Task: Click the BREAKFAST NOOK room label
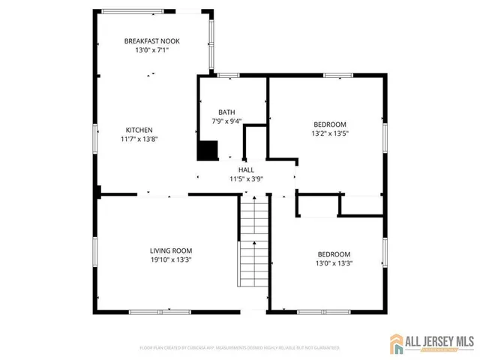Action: (x=151, y=41)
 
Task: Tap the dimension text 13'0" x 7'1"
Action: (x=151, y=50)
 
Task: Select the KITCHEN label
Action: (x=139, y=129)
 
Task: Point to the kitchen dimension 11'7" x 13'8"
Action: (x=139, y=139)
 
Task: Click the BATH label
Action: (x=226, y=112)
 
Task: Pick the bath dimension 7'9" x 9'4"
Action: (x=226, y=121)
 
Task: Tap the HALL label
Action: (x=246, y=170)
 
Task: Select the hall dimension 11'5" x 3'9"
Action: (x=246, y=179)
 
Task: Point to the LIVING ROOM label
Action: (x=171, y=251)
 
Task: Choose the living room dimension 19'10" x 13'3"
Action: (x=171, y=260)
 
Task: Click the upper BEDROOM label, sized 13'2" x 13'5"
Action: (x=330, y=124)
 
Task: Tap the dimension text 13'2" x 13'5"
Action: (x=330, y=133)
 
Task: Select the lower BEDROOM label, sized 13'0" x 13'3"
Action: (x=333, y=254)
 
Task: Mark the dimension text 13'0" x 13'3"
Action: (x=333, y=263)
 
